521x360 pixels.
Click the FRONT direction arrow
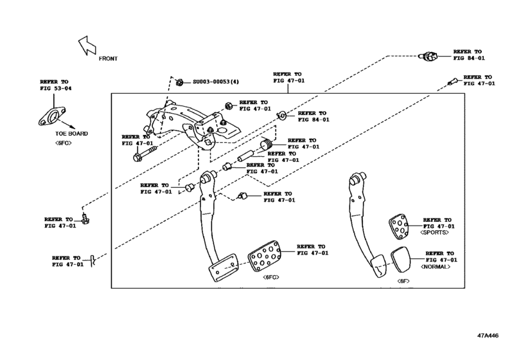(86, 46)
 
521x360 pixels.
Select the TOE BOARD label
(71, 134)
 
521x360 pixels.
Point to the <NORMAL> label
(435, 266)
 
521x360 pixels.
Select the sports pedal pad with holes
(400, 226)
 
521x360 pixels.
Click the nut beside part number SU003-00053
(181, 82)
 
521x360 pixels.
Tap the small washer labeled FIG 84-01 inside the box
(281, 116)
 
